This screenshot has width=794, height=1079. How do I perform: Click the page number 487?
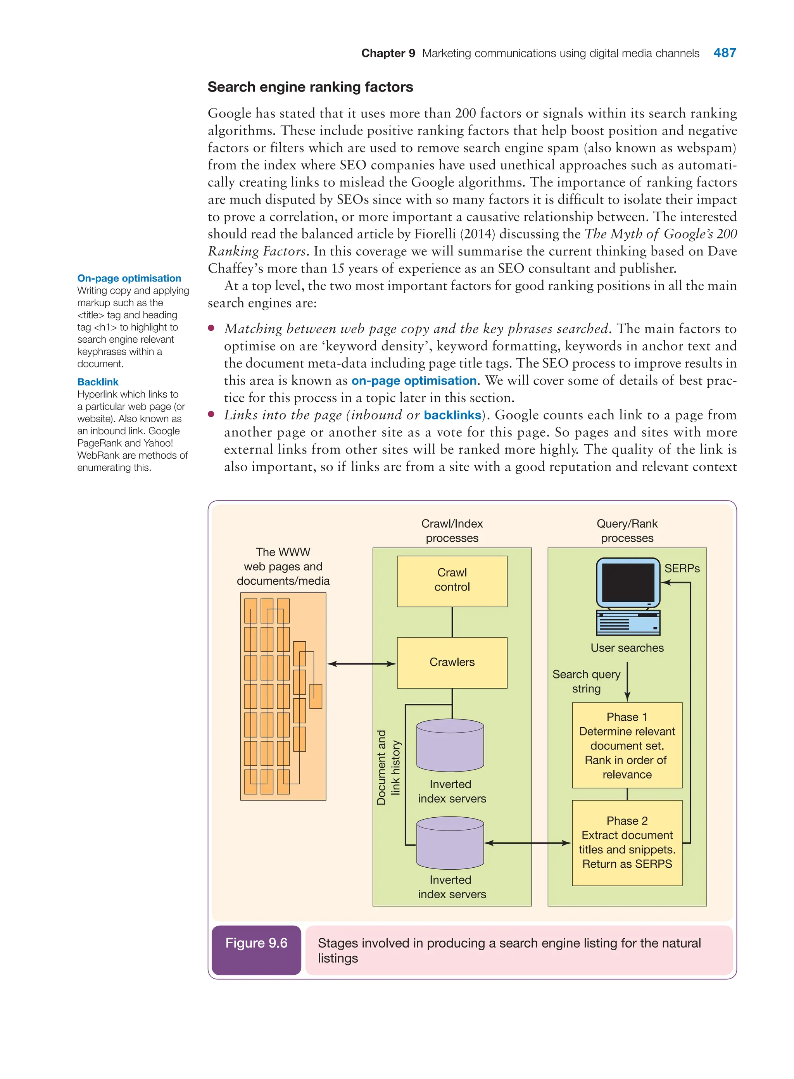[724, 53]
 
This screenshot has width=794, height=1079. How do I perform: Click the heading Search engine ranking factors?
[310, 87]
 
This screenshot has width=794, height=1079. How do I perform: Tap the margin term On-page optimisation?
[129, 278]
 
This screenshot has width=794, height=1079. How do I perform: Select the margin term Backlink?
[98, 382]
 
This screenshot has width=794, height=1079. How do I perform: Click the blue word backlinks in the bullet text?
[452, 415]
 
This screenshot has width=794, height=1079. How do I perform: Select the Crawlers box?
[452, 662]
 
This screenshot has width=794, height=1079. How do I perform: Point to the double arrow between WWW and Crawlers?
[361, 664]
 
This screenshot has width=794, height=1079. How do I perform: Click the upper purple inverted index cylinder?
[450, 745]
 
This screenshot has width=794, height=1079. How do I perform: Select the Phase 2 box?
[627, 842]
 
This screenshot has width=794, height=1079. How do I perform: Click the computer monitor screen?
[628, 582]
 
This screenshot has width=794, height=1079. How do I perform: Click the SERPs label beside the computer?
[682, 568]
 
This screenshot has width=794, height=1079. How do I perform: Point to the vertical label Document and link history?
[388, 768]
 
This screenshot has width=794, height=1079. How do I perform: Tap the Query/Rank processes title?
[627, 531]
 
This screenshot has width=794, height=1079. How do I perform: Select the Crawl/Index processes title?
[452, 531]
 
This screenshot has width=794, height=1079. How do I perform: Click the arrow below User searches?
[627, 681]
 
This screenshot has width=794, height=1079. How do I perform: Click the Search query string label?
[586, 681]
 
